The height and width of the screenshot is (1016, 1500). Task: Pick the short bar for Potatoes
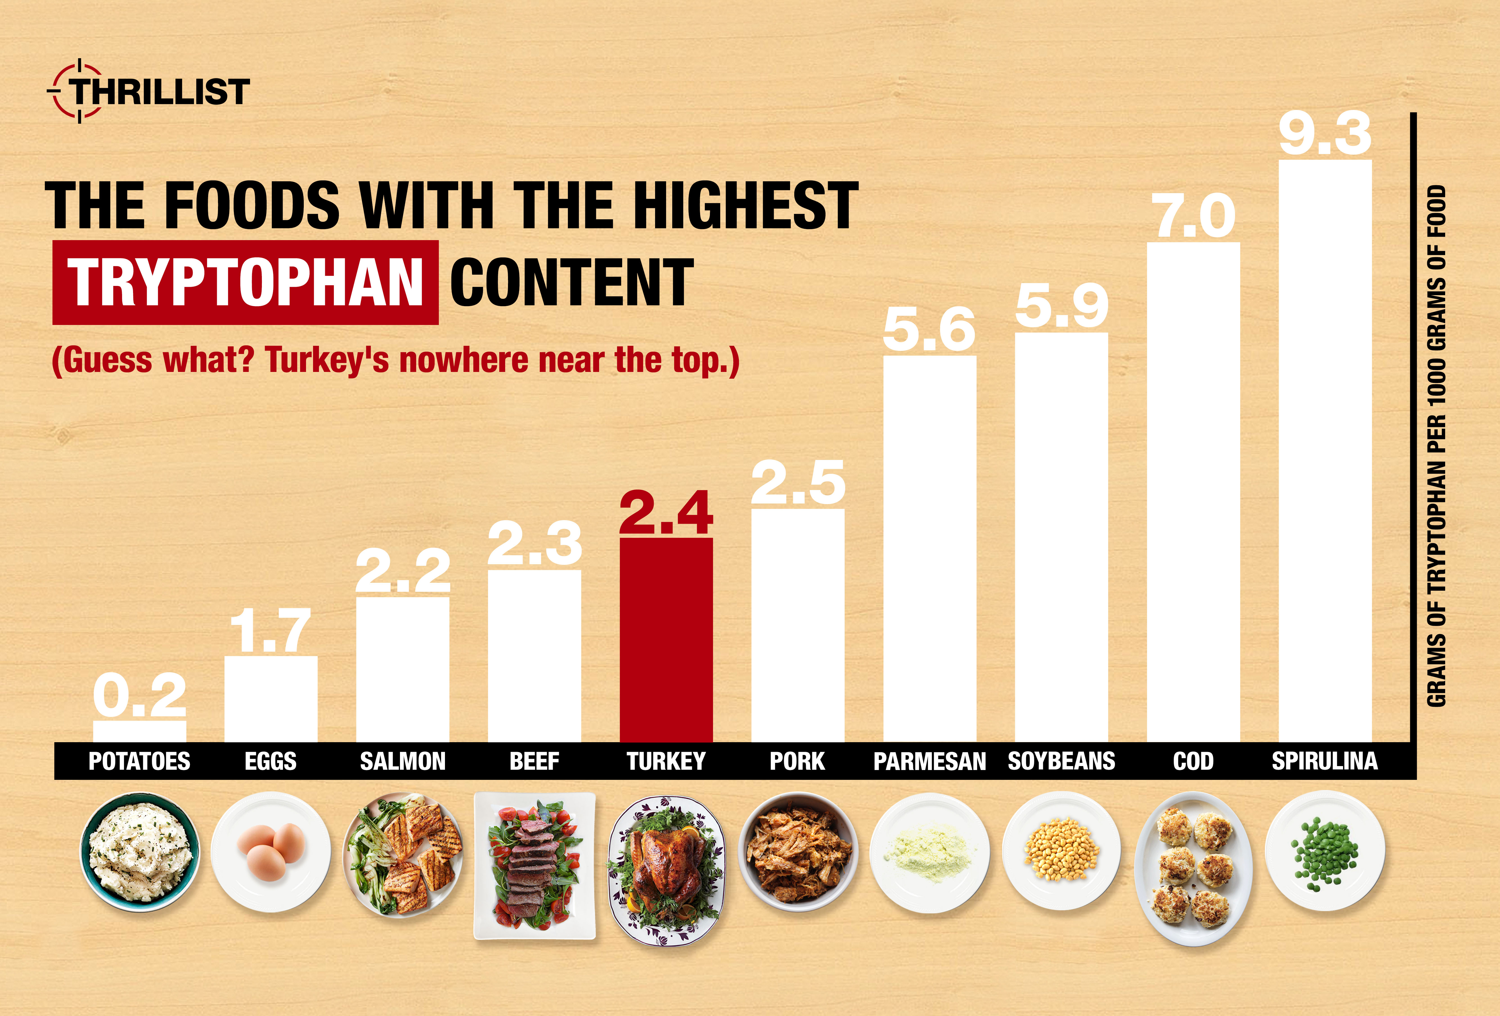coord(140,731)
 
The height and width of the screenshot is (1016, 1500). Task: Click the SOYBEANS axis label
coord(1061,761)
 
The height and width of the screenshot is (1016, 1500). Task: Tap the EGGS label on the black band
coord(271,761)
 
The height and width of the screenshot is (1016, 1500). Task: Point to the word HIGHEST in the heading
coord(745,205)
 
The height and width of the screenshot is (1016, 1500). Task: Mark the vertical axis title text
coord(1437,445)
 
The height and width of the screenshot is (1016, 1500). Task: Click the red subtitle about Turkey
coord(395,360)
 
